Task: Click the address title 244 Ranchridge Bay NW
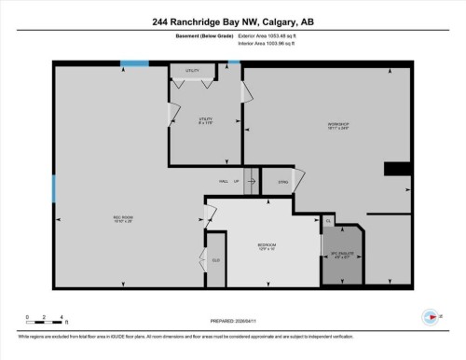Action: tap(232, 21)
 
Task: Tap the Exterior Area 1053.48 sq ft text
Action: tap(271, 35)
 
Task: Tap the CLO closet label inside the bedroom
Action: tap(215, 259)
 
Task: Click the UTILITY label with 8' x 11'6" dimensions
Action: tap(205, 120)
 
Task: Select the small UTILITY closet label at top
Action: tap(192, 71)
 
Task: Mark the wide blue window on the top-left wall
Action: tap(134, 63)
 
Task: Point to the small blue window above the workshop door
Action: tap(234, 63)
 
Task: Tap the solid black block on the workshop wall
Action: tap(398, 169)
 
